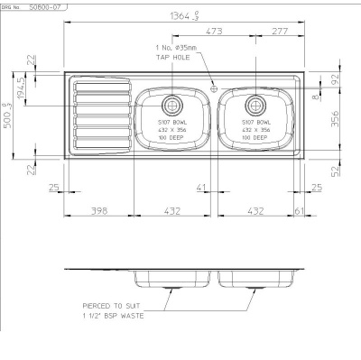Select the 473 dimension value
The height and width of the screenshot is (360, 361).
pyautogui.click(x=215, y=32)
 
